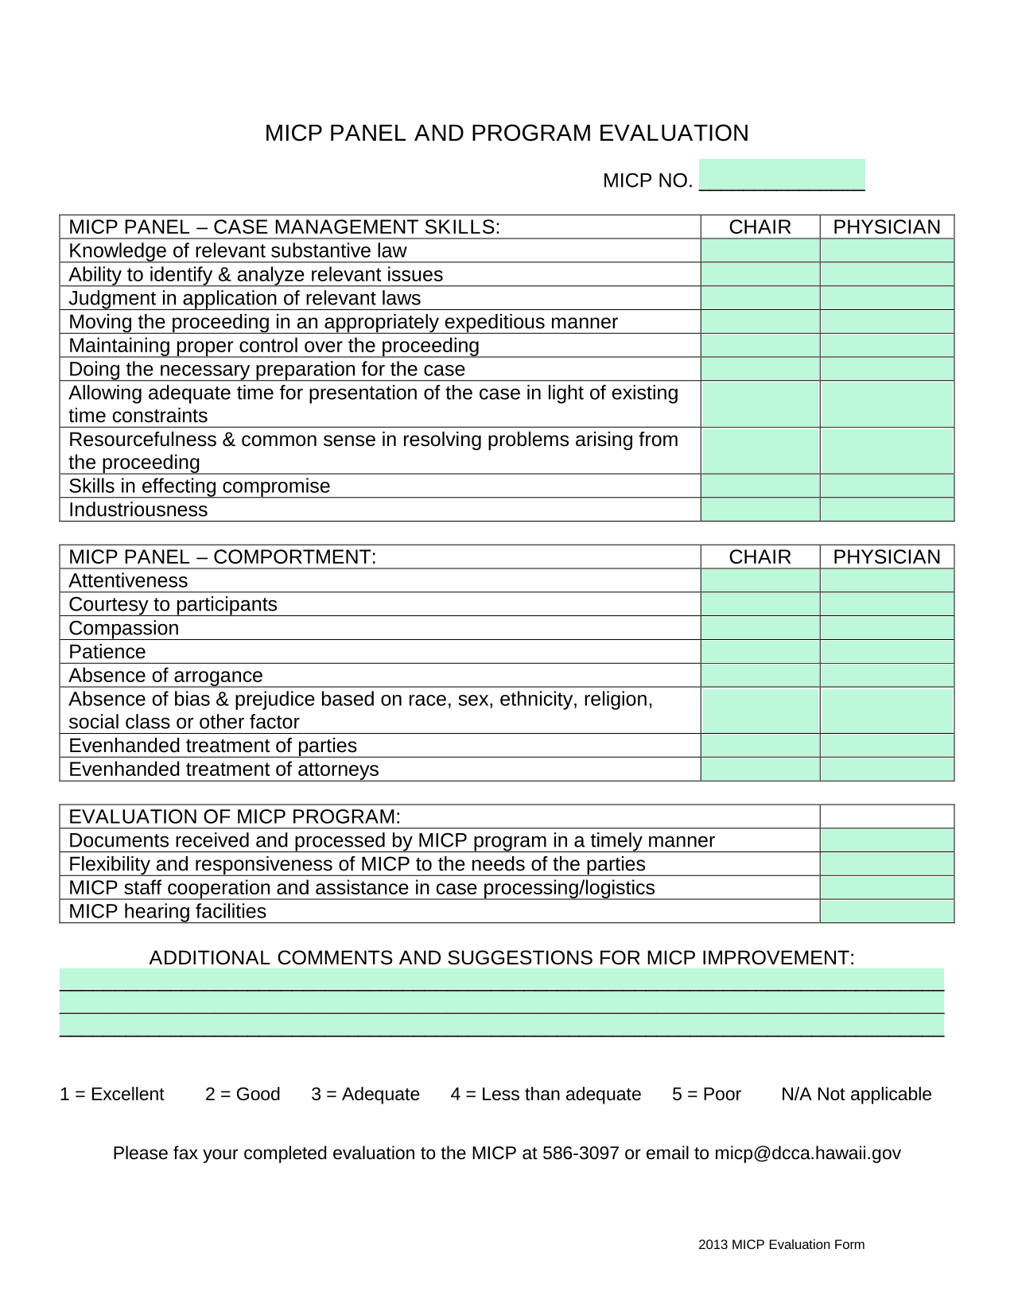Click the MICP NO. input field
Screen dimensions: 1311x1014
pyautogui.click(x=781, y=175)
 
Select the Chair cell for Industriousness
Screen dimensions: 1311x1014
pyautogui.click(x=760, y=510)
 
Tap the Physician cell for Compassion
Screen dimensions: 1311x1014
pyautogui.click(x=887, y=628)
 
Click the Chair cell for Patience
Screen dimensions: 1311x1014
pyautogui.click(x=760, y=652)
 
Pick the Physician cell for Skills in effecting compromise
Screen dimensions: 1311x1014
pyautogui.click(x=887, y=486)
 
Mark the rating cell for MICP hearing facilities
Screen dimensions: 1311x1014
pyautogui.click(x=887, y=911)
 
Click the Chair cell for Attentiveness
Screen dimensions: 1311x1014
pyautogui.click(x=760, y=580)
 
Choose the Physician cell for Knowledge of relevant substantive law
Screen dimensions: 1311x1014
pyautogui.click(x=887, y=250)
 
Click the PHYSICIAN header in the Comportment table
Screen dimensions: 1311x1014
pyautogui.click(x=887, y=557)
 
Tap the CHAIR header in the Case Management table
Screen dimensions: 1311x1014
pyautogui.click(x=760, y=227)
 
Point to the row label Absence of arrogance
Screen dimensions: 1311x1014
pyautogui.click(x=165, y=675)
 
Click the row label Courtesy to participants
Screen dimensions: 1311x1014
pyautogui.click(x=173, y=604)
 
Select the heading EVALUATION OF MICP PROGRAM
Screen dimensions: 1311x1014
pyautogui.click(x=235, y=816)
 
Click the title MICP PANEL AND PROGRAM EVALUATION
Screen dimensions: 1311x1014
pyautogui.click(x=507, y=133)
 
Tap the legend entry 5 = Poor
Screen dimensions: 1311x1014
pyautogui.click(x=706, y=1094)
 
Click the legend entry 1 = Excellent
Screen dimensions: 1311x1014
pyautogui.click(x=112, y=1094)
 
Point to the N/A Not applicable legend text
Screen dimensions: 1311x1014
pyautogui.click(x=856, y=1094)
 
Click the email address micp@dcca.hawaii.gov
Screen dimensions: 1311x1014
pyautogui.click(x=807, y=1153)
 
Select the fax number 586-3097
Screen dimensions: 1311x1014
pyautogui.click(x=581, y=1153)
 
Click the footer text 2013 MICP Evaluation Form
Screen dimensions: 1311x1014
pyautogui.click(x=781, y=1244)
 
